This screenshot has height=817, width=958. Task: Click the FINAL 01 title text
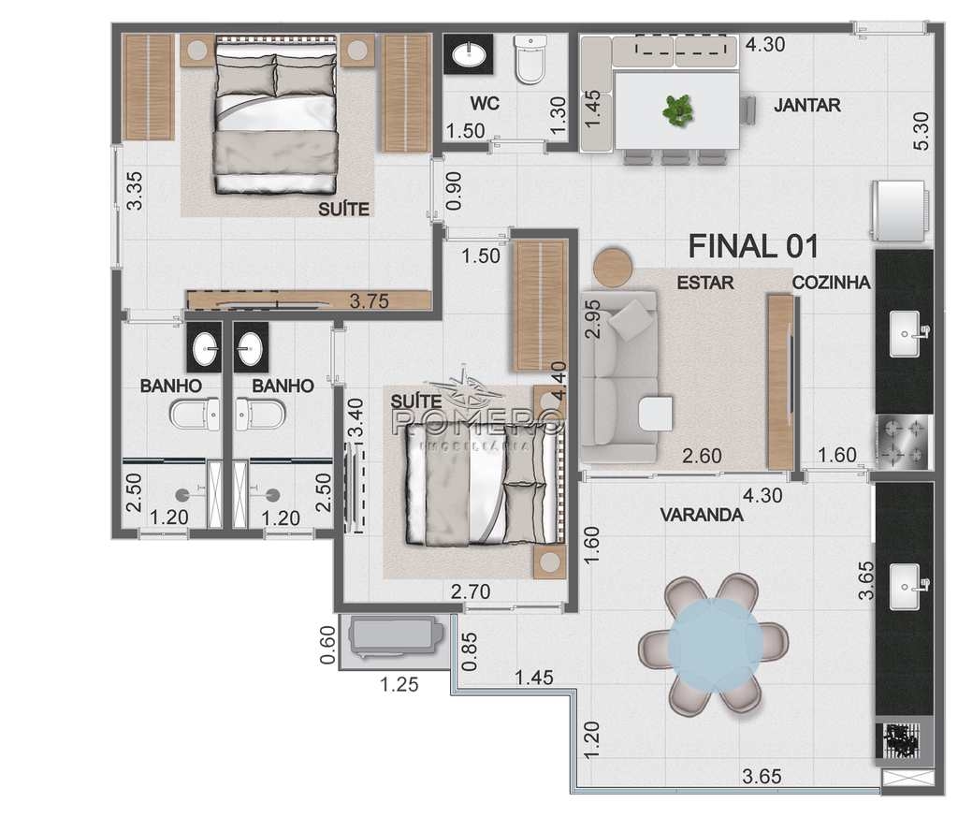point(753,246)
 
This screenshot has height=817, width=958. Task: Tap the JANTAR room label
point(807,105)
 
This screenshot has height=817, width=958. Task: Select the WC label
point(485,103)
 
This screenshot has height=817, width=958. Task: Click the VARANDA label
point(702,515)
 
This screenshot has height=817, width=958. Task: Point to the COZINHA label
point(831,283)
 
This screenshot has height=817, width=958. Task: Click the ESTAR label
point(705,283)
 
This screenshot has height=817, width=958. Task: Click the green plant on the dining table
point(678,110)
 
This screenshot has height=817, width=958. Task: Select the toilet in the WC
point(530,59)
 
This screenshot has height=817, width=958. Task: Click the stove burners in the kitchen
point(903,442)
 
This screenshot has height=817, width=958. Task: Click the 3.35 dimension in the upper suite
point(135,191)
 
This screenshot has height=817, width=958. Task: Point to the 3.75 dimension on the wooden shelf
point(369,301)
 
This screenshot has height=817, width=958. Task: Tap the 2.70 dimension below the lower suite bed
point(471,591)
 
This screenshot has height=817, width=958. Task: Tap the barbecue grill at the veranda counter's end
point(902,740)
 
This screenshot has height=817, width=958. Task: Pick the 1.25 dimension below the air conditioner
point(399,684)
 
